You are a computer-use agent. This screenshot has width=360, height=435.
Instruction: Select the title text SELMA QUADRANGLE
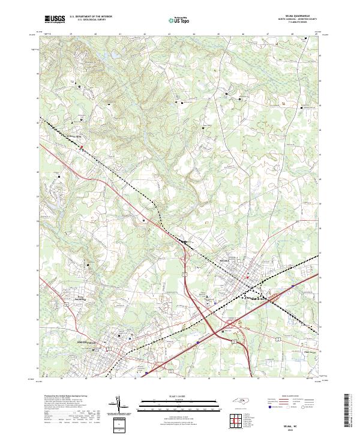click(x=293, y=17)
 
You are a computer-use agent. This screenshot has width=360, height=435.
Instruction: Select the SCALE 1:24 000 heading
click(x=179, y=396)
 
